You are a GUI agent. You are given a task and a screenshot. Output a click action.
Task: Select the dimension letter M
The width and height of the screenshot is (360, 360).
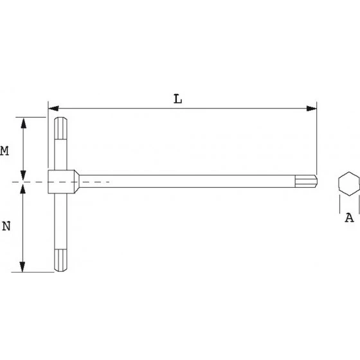click(4, 151)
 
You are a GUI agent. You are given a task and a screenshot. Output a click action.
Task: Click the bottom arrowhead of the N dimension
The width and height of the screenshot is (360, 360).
click(24, 267)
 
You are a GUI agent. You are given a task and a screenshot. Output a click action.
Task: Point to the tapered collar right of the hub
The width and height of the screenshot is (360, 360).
click(76, 183)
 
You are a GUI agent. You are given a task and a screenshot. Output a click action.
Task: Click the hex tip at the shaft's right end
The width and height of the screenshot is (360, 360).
click(313, 183)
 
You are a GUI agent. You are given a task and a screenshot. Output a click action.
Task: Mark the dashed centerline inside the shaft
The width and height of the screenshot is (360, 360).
click(96, 183)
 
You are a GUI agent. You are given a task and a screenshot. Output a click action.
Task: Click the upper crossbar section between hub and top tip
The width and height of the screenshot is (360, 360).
click(59, 153)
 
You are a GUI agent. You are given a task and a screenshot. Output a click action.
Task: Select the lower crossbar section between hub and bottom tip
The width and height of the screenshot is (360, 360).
click(59, 225)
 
